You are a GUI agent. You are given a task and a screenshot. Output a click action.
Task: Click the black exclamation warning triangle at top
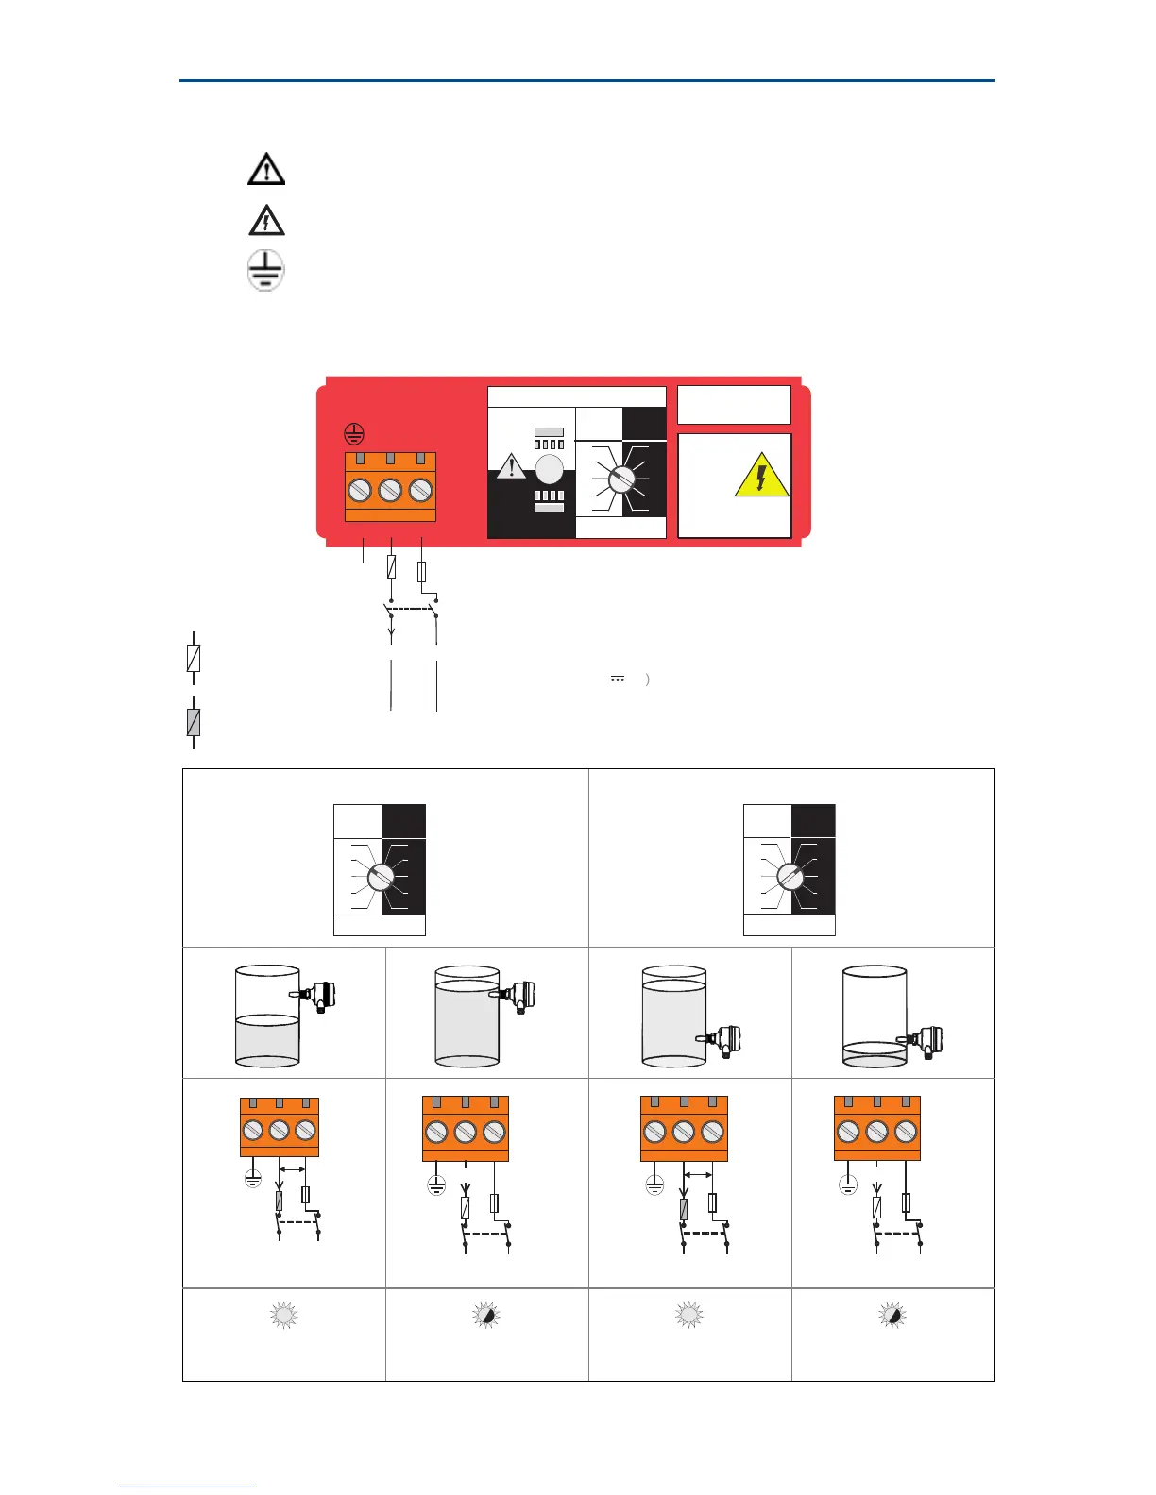266,169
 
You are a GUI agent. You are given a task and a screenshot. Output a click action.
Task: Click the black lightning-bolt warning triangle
266,220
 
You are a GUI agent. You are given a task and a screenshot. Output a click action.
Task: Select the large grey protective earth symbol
265,270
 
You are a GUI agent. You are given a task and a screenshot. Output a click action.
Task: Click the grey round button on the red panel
549,469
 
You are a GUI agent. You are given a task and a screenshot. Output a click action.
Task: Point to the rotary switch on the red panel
620,479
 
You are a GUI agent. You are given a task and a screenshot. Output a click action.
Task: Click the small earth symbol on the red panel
352,434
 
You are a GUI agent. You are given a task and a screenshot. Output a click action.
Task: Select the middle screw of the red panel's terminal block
390,490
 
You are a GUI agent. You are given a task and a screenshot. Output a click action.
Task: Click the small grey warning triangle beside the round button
511,465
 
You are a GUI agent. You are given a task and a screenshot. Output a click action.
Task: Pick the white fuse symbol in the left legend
194,658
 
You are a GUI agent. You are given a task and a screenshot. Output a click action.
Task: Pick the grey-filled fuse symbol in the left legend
194,722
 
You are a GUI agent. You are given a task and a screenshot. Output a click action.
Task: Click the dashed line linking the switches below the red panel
413,609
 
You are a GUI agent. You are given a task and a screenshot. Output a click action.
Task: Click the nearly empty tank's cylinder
875,1016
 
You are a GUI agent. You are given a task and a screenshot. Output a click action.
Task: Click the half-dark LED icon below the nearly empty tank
892,1315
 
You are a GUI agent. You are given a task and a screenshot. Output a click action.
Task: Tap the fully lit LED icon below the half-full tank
283,1315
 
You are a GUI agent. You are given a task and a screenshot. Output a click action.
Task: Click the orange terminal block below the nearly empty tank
876,1128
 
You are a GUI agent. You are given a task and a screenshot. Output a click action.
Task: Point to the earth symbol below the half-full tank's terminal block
253,1178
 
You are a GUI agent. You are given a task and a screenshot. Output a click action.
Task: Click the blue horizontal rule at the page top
586,81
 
